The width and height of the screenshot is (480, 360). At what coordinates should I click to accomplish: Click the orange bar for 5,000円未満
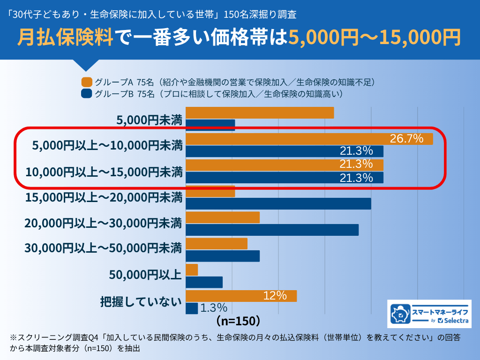coord(260,113)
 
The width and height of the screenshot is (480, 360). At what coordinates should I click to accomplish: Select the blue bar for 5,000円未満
coord(210,125)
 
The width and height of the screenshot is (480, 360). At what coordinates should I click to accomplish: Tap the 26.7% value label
coord(406,139)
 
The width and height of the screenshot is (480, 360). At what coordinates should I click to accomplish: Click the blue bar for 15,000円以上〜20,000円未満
coord(278,204)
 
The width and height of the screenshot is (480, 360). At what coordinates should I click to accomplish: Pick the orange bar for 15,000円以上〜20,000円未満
coord(210,191)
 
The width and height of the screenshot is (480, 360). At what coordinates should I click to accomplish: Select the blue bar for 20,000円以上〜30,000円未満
coord(272,230)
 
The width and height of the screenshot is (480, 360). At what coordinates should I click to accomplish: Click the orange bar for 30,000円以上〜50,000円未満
coord(217,244)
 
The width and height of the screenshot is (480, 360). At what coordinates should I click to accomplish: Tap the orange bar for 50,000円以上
coord(192,270)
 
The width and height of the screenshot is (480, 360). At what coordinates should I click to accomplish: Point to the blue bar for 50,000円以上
coord(204,282)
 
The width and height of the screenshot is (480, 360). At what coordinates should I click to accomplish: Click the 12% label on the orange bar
coord(275,296)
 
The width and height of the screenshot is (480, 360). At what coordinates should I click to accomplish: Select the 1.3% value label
coord(214,308)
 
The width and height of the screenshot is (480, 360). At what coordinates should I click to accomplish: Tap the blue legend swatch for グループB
coord(86,94)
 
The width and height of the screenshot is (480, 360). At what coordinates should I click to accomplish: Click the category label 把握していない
coord(141,301)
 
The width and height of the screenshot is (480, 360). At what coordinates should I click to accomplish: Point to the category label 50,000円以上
coord(145,275)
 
